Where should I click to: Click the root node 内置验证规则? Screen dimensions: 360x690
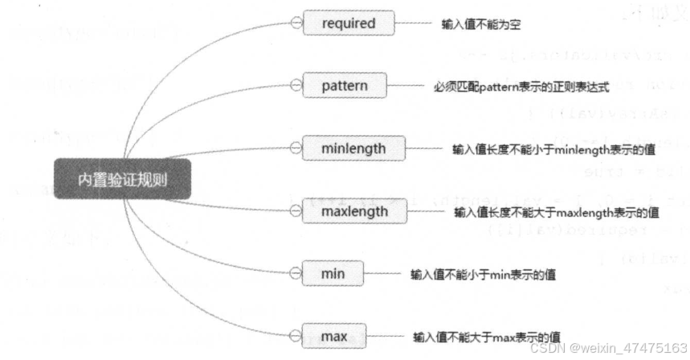tap(122, 179)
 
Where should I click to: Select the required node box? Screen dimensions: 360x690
tap(349, 23)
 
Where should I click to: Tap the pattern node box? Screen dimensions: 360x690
tap(345, 84)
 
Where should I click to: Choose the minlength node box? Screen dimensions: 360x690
tap(353, 149)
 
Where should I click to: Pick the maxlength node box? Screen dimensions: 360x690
tap(354, 212)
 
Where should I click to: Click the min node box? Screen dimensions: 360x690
tap(333, 274)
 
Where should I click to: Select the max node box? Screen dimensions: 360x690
tap(333, 336)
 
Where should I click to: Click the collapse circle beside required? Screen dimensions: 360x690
tap(296, 23)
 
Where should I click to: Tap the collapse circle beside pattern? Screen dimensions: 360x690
tap(296, 84)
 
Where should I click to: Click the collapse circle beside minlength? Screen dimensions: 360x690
tap(296, 149)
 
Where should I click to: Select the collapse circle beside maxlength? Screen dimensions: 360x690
tap(296, 212)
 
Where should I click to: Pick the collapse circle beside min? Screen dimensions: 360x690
tap(296, 274)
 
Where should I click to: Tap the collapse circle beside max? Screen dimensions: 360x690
tap(296, 336)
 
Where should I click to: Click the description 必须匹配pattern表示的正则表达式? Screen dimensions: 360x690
tap(520, 84)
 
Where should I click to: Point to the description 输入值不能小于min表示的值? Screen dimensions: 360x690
tap(483, 275)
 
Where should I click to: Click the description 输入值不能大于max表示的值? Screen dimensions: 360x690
tap(486, 337)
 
